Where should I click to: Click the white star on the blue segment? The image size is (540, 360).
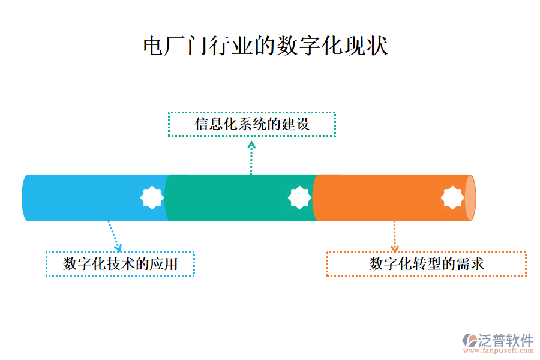(152, 197)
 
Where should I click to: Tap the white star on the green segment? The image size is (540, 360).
(299, 197)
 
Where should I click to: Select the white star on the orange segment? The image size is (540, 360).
(452, 197)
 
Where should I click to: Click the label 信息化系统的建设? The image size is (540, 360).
(252, 124)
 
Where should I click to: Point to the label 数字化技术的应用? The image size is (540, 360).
(120, 264)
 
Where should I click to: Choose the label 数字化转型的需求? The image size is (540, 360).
(426, 264)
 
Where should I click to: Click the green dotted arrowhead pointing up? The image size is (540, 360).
(251, 144)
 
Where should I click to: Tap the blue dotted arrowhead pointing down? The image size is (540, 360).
(118, 247)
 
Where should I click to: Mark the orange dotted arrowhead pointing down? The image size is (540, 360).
(394, 248)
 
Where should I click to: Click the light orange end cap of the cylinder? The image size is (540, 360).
(470, 198)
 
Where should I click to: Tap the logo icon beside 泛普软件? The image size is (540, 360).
(468, 340)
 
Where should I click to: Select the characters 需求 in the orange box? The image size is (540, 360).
(472, 264)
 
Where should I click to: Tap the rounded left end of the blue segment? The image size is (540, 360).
(25, 198)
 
